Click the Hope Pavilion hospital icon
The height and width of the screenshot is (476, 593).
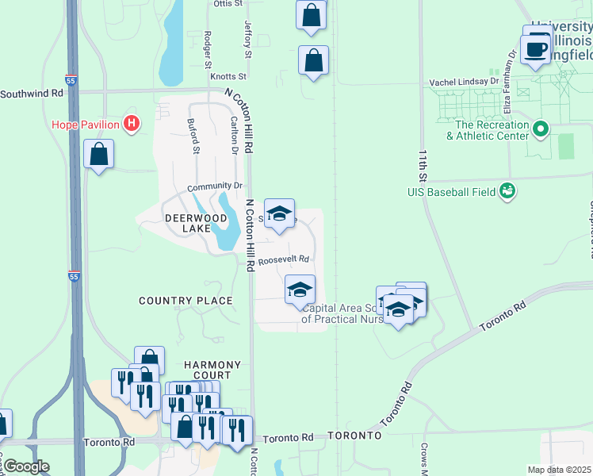click(132, 124)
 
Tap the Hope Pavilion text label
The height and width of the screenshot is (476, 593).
click(85, 125)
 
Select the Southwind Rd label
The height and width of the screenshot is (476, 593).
click(31, 93)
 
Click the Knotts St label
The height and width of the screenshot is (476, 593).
click(228, 77)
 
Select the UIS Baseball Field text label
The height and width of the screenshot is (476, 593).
click(461, 191)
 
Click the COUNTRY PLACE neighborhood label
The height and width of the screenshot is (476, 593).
click(186, 301)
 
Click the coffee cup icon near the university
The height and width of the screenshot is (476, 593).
click(536, 49)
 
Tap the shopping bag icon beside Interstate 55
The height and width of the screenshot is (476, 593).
click(99, 154)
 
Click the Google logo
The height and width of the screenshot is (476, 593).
click(26, 466)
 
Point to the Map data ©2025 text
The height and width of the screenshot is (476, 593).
click(559, 470)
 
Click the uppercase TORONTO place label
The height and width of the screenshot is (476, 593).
click(354, 436)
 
